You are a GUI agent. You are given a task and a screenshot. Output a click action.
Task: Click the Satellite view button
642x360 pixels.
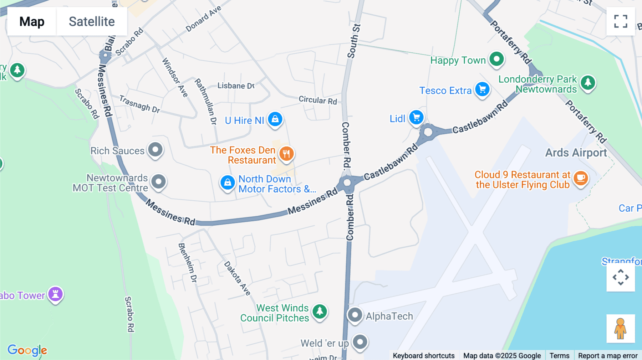[92, 21]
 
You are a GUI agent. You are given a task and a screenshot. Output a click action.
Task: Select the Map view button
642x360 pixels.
[32, 21]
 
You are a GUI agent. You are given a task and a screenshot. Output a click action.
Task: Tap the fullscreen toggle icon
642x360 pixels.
[621, 21]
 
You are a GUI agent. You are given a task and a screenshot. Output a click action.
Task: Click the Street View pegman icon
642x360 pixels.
[621, 328]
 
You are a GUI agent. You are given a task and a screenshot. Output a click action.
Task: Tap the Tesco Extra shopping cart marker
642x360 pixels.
[482, 89]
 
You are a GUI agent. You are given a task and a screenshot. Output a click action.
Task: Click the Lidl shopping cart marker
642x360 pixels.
[416, 117]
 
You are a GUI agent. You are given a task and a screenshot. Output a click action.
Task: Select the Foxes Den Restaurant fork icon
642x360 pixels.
[286, 154]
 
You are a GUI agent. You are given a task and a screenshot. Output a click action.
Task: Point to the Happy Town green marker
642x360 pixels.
[496, 59]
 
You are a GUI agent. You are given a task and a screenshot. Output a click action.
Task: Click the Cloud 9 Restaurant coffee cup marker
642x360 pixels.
[581, 178]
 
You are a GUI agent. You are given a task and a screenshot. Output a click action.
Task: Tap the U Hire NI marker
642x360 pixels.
[275, 119]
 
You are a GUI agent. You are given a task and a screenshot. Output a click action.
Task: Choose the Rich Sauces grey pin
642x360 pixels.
[156, 150]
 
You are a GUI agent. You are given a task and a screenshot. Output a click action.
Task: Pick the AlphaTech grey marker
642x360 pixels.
[355, 315]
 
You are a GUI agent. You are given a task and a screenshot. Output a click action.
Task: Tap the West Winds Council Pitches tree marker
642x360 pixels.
[320, 311]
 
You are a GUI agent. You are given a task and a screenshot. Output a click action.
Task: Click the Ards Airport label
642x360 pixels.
[576, 153]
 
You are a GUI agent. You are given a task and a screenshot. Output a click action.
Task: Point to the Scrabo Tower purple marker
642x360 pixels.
[56, 294]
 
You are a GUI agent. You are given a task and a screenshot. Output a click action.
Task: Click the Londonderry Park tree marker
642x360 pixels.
[588, 83]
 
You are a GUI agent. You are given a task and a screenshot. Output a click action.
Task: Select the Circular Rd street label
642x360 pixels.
[317, 100]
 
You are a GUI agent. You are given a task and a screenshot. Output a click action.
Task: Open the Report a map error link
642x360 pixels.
[608, 355]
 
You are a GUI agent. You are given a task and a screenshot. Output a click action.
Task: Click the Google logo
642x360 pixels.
[27, 350]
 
